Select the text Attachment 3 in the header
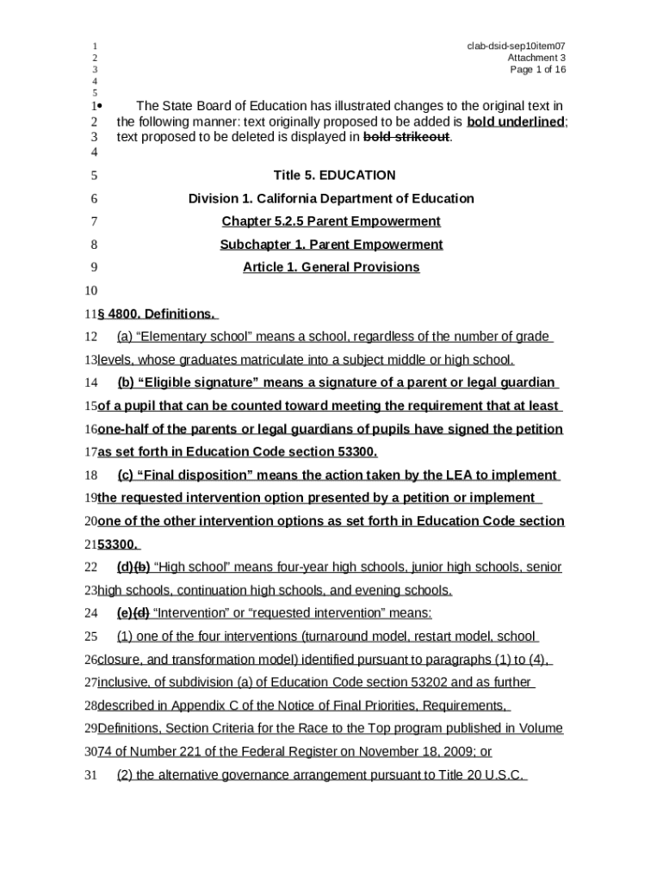536,58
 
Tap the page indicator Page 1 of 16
538,70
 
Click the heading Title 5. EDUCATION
334,176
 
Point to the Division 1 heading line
331,199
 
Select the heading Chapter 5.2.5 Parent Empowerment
331,221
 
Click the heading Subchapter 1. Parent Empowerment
331,245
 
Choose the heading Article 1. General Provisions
331,267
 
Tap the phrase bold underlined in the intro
515,121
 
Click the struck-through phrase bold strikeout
406,137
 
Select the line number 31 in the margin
91,775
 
